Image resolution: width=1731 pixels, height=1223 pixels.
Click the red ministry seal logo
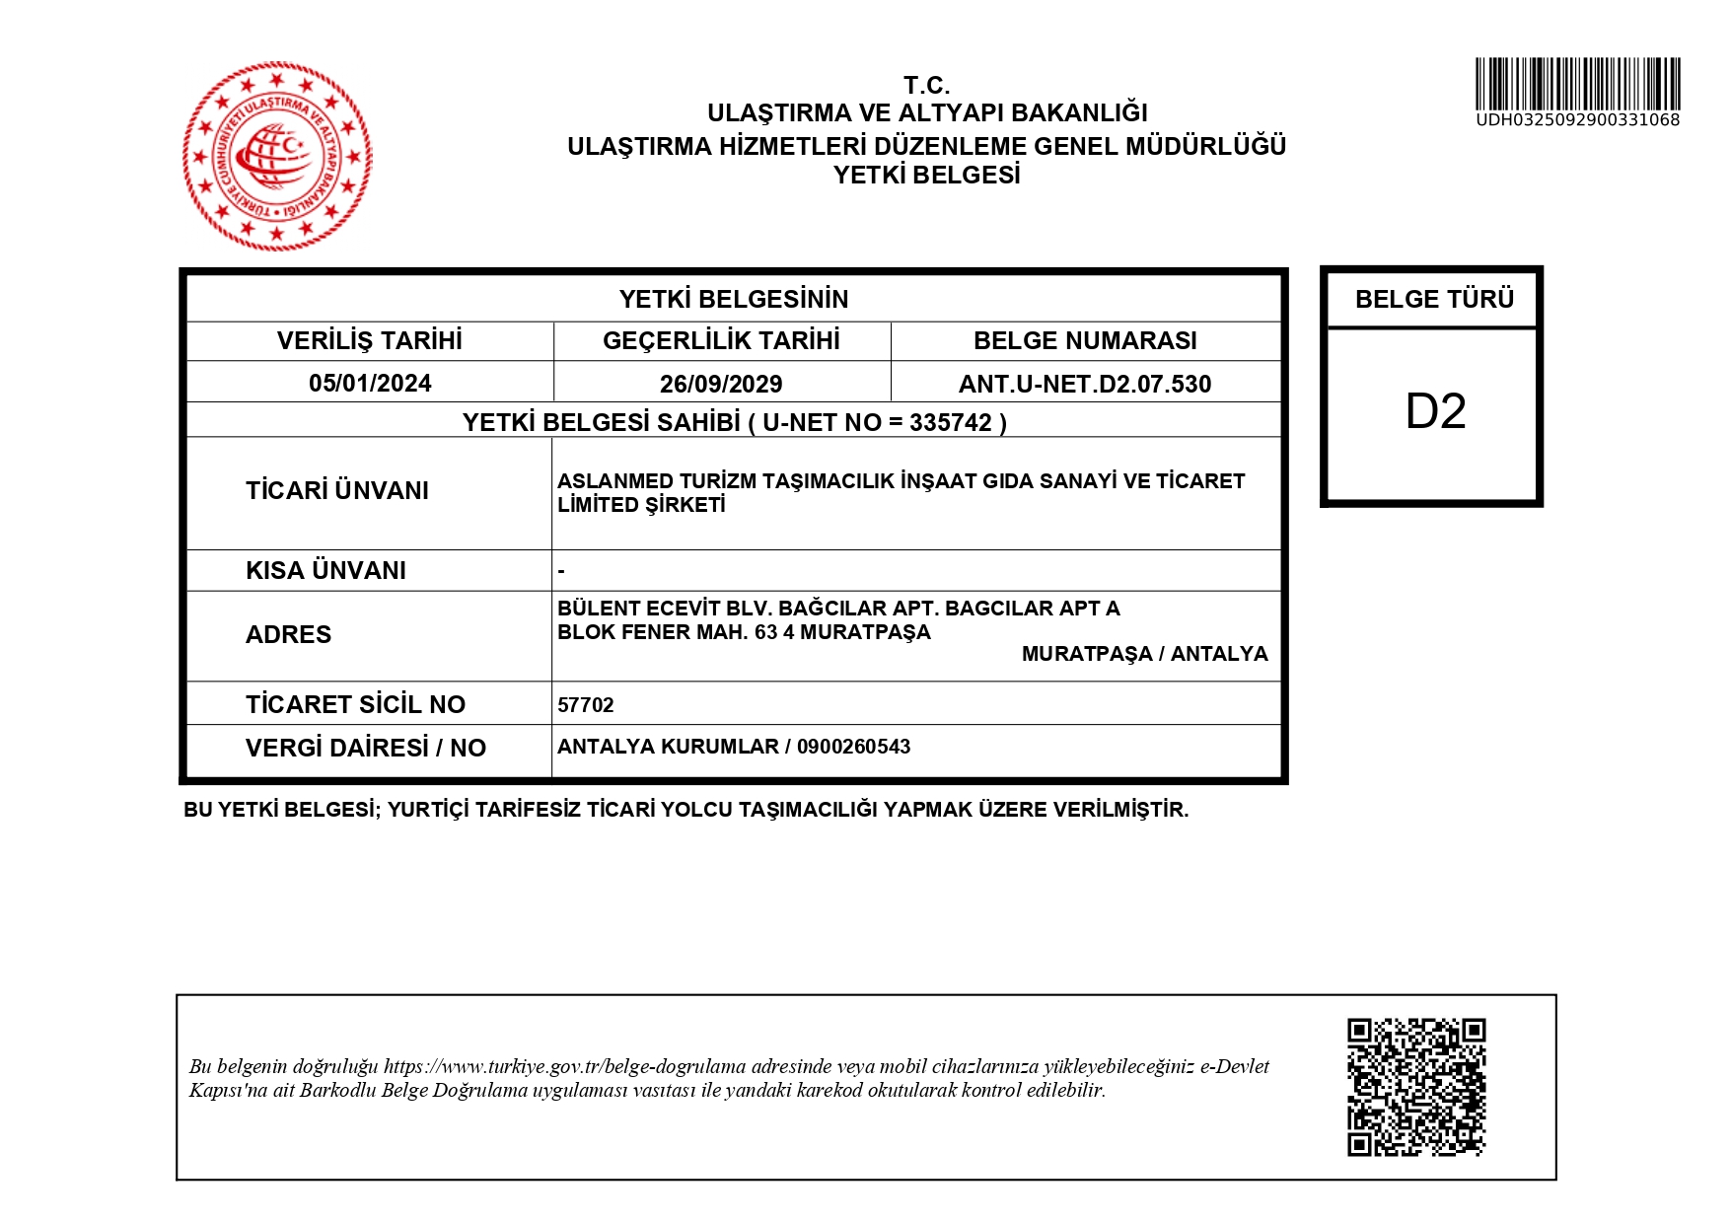277,156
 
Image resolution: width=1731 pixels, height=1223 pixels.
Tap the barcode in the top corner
1577,83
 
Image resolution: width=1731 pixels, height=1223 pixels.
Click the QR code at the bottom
1416,1087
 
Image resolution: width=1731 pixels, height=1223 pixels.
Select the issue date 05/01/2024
370,383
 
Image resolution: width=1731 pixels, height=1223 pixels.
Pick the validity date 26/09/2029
721,384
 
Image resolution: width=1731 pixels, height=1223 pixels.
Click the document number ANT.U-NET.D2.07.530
1085,384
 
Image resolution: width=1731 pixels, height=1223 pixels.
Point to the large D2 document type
1435,411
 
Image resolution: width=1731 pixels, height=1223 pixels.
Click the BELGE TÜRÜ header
1434,299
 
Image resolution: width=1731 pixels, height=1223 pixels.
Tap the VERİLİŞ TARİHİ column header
370,340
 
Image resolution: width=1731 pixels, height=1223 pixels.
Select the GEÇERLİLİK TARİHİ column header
721,340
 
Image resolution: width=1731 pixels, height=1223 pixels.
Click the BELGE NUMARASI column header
1085,340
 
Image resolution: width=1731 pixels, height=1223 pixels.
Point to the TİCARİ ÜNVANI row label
337,490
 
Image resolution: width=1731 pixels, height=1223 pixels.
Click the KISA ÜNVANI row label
325,570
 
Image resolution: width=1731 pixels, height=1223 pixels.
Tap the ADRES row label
288,634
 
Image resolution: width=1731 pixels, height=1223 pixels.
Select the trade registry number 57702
586,705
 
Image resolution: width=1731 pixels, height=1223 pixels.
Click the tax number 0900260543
853,747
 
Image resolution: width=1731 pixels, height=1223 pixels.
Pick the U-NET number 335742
951,422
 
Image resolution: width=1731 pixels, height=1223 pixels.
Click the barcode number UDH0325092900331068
1577,120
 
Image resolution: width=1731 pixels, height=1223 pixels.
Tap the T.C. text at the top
926,85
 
